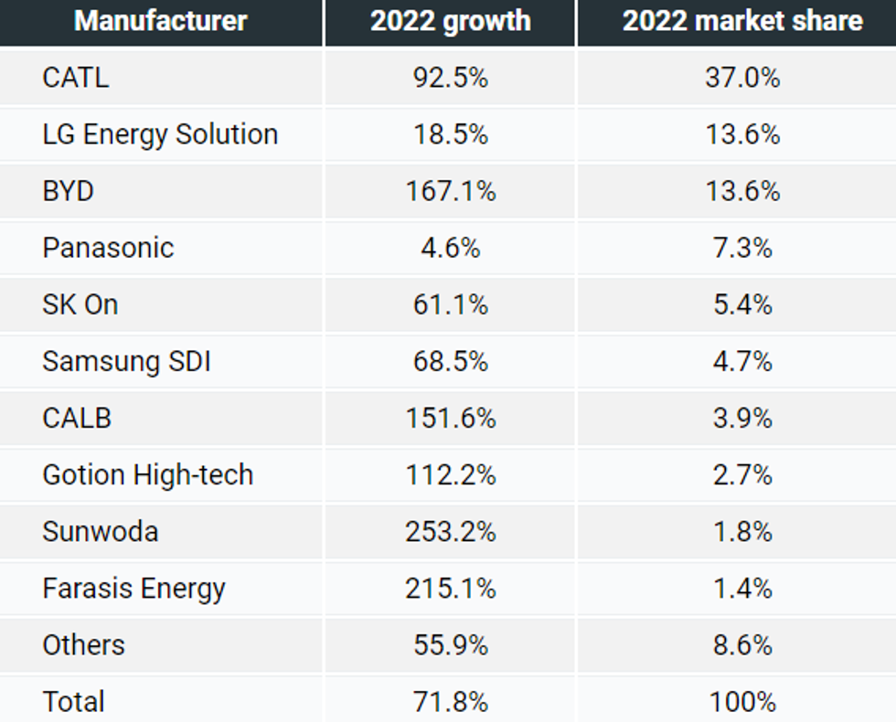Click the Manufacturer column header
pyautogui.click(x=161, y=21)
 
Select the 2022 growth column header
pyautogui.click(x=450, y=21)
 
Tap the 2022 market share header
pyautogui.click(x=742, y=21)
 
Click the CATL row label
pyautogui.click(x=75, y=78)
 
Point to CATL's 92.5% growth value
pyautogui.click(x=450, y=78)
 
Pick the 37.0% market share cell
pyautogui.click(x=742, y=78)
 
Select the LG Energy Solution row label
pyautogui.click(x=160, y=134)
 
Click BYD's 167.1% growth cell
pyautogui.click(x=450, y=191)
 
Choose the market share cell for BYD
pyautogui.click(x=742, y=191)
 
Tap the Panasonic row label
pyautogui.click(x=108, y=248)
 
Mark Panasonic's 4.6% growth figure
pyautogui.click(x=450, y=248)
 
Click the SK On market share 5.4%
pyautogui.click(x=742, y=304)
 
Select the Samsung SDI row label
pyautogui.click(x=126, y=361)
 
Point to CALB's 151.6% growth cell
pyautogui.click(x=450, y=418)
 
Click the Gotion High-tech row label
pyautogui.click(x=147, y=474)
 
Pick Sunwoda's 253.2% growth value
pyautogui.click(x=450, y=531)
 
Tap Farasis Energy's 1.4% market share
pyautogui.click(x=742, y=588)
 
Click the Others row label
pyautogui.click(x=83, y=644)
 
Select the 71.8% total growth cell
pyautogui.click(x=450, y=701)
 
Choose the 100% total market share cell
pyautogui.click(x=742, y=701)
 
